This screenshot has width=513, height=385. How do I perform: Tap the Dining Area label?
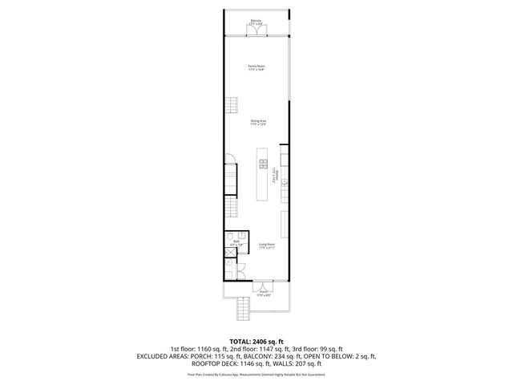(256, 122)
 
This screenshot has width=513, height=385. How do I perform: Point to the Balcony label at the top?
(256, 22)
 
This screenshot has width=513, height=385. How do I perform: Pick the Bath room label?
(236, 242)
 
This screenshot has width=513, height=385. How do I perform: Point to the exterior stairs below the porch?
(239, 308)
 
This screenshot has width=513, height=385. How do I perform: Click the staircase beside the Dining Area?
(232, 105)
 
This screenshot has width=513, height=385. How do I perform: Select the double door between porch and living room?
(262, 285)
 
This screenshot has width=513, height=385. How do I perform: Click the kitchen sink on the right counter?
(283, 183)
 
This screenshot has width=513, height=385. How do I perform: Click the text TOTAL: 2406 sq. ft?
(256, 341)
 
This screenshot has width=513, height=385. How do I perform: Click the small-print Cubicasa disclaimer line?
(256, 374)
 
